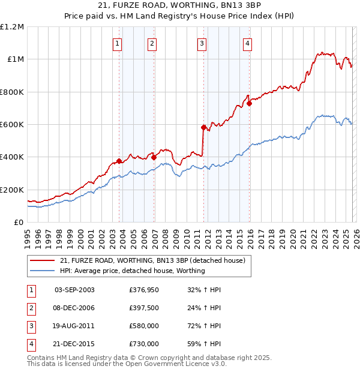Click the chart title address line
(x=180, y=7)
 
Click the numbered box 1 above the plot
(x=117, y=43)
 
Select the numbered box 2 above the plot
(x=152, y=43)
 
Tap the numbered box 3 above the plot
(x=202, y=43)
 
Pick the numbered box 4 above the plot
(x=247, y=43)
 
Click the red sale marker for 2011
(x=203, y=127)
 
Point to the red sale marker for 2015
(x=250, y=103)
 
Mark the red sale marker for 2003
(x=119, y=161)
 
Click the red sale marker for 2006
(x=154, y=157)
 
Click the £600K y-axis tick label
(x=12, y=125)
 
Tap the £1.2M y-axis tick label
(x=12, y=27)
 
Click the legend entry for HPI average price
(x=132, y=271)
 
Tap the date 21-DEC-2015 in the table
(x=74, y=344)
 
